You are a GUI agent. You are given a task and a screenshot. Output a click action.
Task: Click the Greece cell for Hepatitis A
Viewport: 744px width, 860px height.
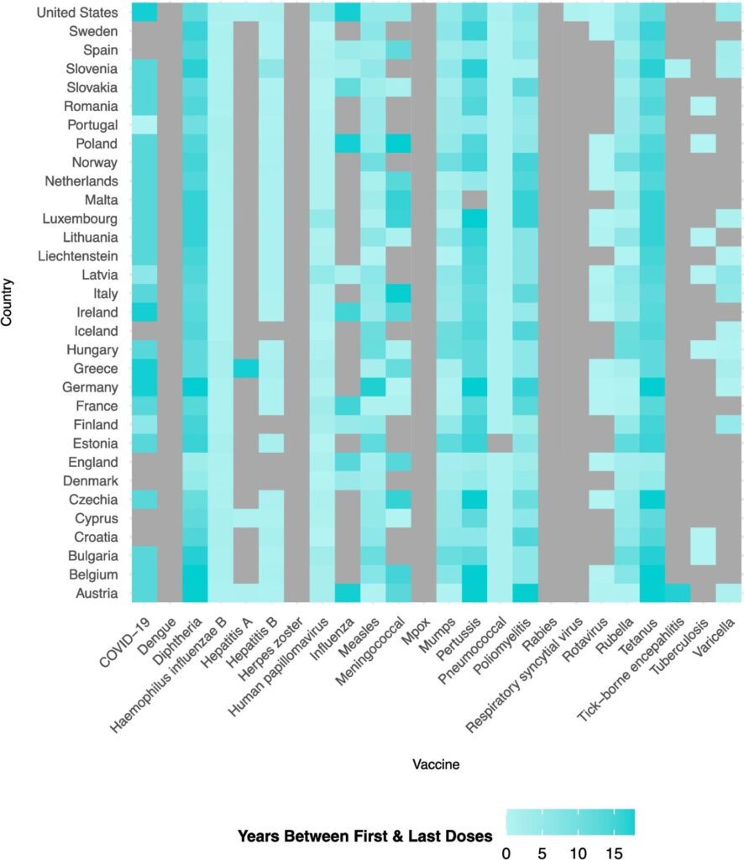(246, 369)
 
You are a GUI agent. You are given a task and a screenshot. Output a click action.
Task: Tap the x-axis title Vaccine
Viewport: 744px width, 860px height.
(435, 765)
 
